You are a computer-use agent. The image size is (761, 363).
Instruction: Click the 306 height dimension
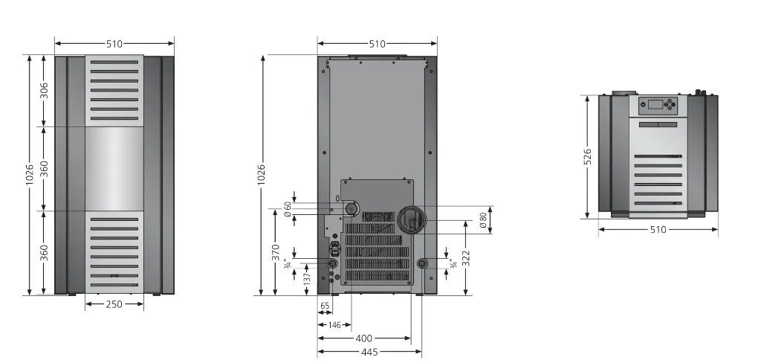point(44,91)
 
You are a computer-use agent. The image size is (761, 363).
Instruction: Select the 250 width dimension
point(114,305)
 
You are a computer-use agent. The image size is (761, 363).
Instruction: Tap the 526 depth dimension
point(588,157)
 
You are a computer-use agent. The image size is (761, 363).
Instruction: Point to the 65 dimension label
point(326,306)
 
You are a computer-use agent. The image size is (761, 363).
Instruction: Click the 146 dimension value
point(334,325)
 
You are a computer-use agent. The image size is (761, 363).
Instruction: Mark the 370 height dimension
point(276,253)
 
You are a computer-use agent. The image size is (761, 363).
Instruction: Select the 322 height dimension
point(466,259)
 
